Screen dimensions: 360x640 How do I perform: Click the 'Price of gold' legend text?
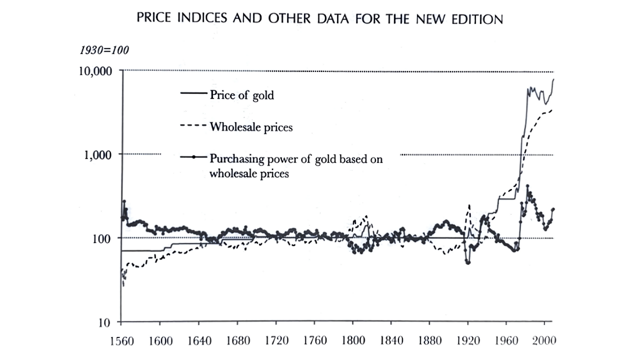241,94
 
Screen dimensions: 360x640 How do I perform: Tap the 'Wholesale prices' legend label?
251,126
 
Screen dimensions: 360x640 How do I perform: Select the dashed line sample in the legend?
192,125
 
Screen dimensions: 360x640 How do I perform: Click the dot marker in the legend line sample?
193,158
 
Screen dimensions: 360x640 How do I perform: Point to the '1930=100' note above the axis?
104,50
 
